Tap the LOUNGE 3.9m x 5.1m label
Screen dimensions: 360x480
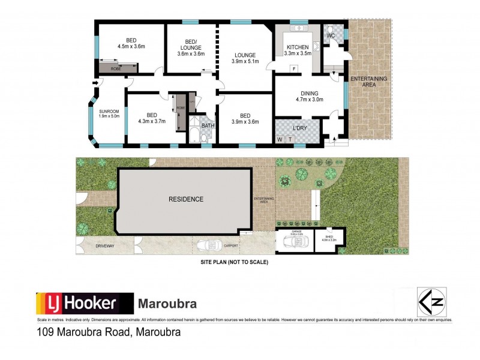point(245,58)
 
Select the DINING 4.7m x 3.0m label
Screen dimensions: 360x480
point(310,97)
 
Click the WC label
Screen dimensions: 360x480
point(330,36)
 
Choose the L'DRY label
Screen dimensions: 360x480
point(299,128)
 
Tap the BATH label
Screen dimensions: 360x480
point(208,126)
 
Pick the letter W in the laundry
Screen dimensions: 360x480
point(279,139)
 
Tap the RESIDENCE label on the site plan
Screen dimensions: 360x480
point(185,199)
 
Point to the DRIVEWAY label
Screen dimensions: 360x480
point(104,246)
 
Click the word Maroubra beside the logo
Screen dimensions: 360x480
point(167,304)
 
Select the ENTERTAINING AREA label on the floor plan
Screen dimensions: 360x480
point(369,82)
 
